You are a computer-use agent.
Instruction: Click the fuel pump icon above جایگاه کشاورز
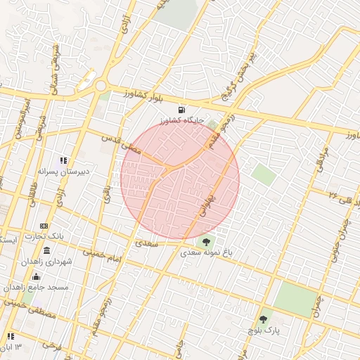(182, 109)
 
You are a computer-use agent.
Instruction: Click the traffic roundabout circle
(101, 86)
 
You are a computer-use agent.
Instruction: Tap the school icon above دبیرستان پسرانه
(63, 160)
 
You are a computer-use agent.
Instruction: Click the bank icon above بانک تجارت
(44, 226)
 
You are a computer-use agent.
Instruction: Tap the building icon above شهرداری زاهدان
(46, 251)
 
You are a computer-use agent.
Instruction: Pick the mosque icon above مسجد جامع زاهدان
(37, 276)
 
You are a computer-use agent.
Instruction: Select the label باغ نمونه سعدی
(207, 252)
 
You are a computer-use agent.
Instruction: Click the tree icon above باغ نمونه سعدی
(206, 242)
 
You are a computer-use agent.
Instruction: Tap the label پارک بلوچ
(264, 329)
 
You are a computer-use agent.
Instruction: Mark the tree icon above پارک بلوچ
(265, 319)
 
